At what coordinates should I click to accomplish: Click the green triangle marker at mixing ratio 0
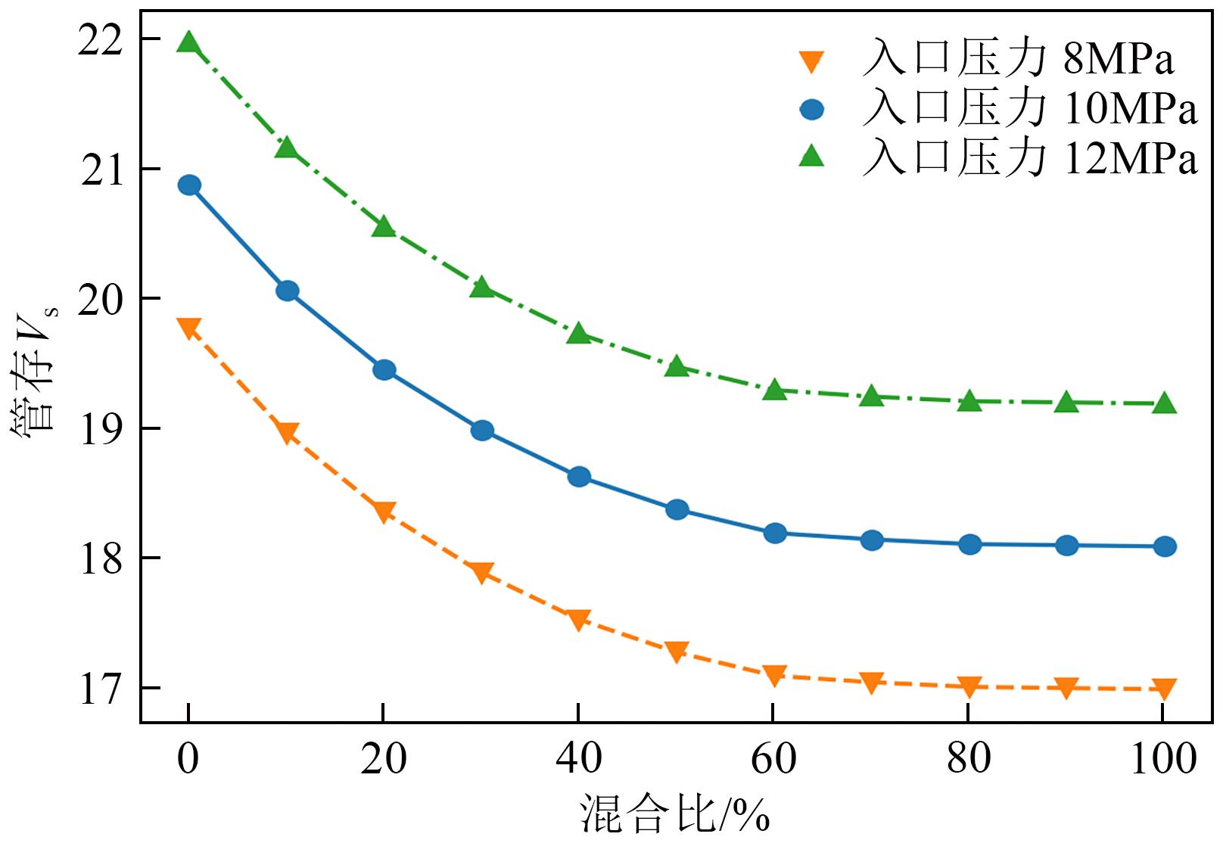(188, 42)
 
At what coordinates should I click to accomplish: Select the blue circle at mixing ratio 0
(188, 185)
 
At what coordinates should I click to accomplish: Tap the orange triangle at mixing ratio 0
(188, 328)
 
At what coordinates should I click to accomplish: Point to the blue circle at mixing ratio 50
(677, 509)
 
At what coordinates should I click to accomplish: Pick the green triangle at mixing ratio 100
(1165, 403)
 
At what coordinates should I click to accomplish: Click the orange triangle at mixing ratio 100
(1165, 689)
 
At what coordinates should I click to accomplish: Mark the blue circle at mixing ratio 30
(482, 431)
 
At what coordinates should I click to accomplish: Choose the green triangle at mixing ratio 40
(579, 333)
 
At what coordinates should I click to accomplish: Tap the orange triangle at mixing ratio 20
(384, 512)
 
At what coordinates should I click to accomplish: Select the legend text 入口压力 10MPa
(1029, 110)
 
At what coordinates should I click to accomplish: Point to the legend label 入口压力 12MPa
(1029, 159)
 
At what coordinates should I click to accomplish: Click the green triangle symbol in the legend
(812, 157)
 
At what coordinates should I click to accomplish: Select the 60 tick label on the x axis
(773, 759)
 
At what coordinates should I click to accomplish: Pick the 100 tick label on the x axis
(1164, 759)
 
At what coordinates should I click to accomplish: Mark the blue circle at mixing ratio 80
(969, 544)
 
